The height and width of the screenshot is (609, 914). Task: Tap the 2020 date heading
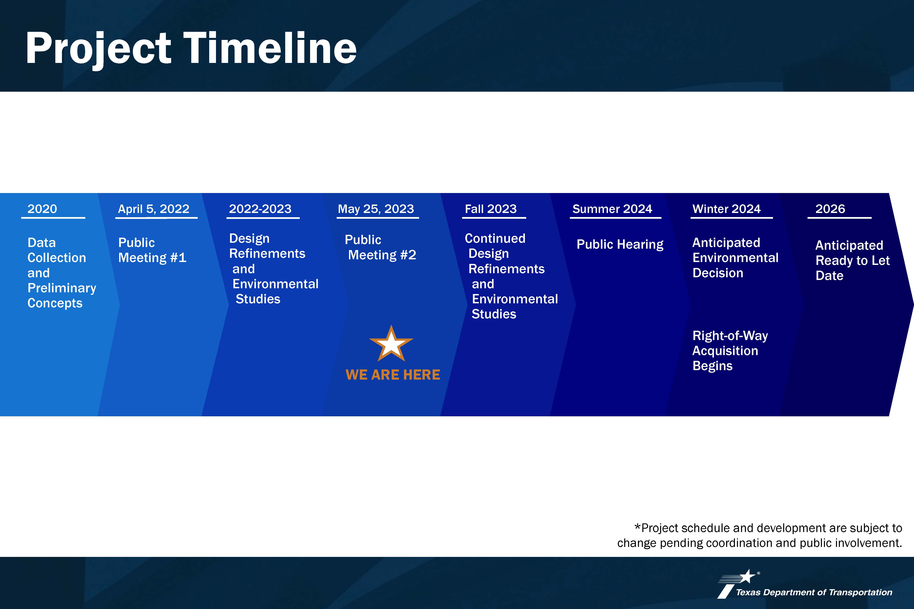(42, 209)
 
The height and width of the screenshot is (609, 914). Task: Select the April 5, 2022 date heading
(154, 209)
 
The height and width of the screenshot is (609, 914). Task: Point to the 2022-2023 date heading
(260, 209)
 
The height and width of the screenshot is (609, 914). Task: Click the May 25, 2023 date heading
(376, 209)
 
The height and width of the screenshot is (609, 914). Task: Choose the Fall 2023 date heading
(491, 209)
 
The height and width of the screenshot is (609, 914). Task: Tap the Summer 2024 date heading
(612, 209)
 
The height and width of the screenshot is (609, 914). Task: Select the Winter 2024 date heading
(726, 209)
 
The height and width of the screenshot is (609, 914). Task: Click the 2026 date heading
(830, 209)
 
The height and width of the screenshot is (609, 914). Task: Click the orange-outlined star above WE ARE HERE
(391, 344)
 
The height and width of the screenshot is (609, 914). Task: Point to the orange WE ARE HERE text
(393, 375)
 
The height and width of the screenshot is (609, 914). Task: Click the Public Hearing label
(620, 244)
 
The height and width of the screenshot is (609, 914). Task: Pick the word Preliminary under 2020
(62, 288)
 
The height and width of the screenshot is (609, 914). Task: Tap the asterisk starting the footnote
(637, 527)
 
